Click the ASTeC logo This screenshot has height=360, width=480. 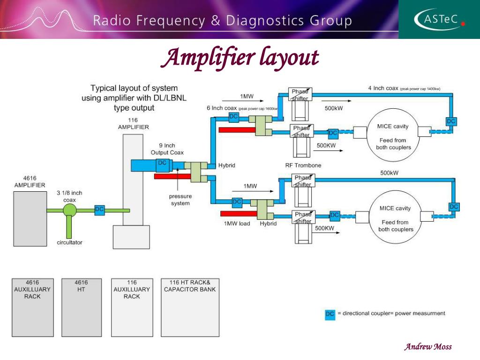(x=439, y=19)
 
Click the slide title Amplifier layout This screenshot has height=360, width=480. (x=240, y=58)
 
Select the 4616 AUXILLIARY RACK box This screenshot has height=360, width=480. (x=32, y=307)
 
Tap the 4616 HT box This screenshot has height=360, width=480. (x=81, y=307)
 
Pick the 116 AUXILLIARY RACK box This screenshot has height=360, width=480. (x=132, y=307)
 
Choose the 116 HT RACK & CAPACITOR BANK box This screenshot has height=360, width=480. (x=190, y=307)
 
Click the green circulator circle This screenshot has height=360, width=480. (x=70, y=210)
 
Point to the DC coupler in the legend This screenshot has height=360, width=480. (x=330, y=314)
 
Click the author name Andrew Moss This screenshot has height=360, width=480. (x=428, y=347)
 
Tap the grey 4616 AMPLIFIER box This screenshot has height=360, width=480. (x=30, y=217)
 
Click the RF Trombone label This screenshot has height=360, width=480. (x=303, y=165)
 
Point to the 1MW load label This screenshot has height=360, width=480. (x=237, y=224)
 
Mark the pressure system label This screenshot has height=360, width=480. (x=180, y=200)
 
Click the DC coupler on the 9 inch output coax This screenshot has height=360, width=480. (x=162, y=164)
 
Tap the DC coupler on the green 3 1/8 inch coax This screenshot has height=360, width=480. (x=99, y=210)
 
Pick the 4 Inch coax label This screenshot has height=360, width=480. (x=383, y=88)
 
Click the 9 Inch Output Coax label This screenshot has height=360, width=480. (x=167, y=149)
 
